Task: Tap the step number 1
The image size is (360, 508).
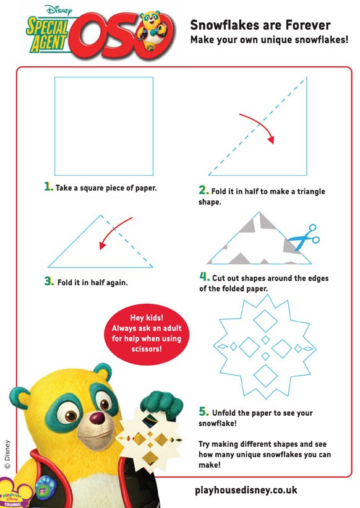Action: [48, 187]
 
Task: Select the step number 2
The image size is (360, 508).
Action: [204, 190]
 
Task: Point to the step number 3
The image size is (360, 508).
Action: [49, 281]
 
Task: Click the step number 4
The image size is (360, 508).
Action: [204, 277]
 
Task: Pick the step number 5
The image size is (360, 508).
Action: [204, 411]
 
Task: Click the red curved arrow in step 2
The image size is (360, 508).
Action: [261, 125]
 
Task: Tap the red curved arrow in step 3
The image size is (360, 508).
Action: [113, 231]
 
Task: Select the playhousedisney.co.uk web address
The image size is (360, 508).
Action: [246, 490]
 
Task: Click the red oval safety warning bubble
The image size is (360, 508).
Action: [147, 334]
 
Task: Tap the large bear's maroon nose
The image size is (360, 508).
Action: [97, 418]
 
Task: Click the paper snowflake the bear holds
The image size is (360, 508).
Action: [150, 437]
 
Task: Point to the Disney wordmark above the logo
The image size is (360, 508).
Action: [59, 10]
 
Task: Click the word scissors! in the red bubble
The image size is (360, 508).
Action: [147, 349]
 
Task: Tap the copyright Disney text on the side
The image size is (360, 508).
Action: [7, 454]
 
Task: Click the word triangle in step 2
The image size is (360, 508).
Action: [311, 191]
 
